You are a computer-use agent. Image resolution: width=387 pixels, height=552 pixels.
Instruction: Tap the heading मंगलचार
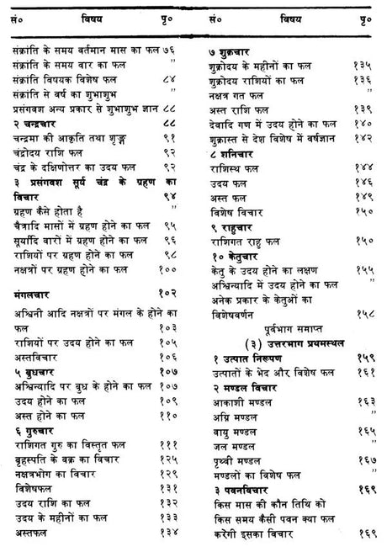click(34, 297)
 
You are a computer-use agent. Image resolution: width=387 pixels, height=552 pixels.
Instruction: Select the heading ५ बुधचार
click(37, 371)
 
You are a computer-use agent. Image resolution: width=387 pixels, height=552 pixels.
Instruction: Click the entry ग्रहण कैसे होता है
click(46, 212)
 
